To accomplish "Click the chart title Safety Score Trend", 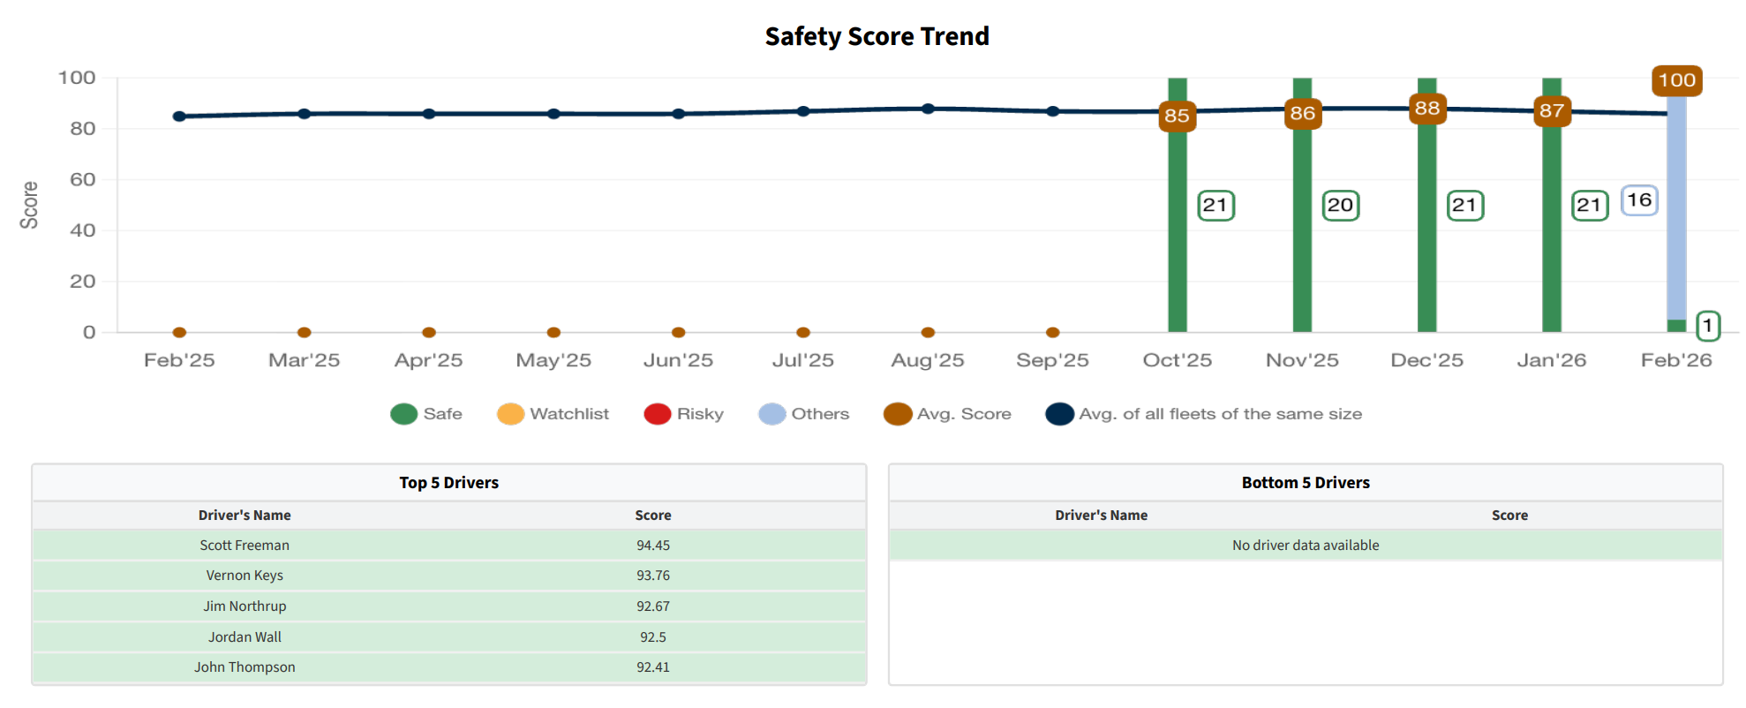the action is [x=877, y=36].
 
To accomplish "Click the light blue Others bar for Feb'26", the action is [x=1676, y=207].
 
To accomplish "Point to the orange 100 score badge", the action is [x=1676, y=80].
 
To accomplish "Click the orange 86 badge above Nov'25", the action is [x=1302, y=113].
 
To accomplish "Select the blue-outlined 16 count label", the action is [x=1639, y=200].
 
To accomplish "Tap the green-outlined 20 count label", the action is [x=1340, y=206].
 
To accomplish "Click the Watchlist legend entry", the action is [x=553, y=414].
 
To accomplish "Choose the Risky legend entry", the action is [x=683, y=414].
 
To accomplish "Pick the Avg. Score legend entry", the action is [x=947, y=414].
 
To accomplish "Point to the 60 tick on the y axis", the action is [x=83, y=180].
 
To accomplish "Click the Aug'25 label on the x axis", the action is [x=927, y=360].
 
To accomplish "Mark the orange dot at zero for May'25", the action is [x=553, y=332].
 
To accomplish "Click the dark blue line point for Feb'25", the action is [x=179, y=117].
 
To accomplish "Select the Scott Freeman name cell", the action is [x=245, y=546].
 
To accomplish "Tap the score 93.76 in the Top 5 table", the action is [x=653, y=576].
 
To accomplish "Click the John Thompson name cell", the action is [x=245, y=667].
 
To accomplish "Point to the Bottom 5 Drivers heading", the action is [x=1306, y=483].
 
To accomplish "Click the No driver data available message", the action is [x=1306, y=546].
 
